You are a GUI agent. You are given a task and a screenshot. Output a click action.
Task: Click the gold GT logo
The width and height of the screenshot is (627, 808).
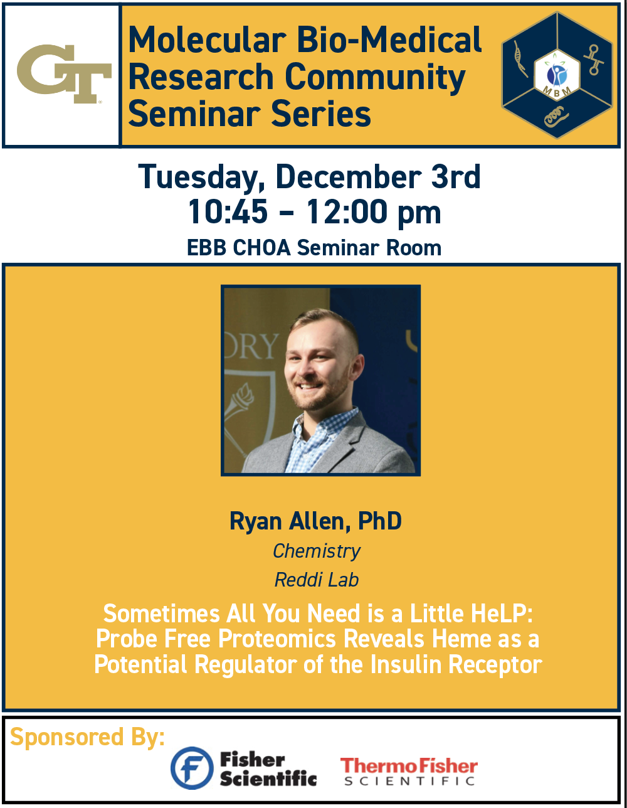point(64,73)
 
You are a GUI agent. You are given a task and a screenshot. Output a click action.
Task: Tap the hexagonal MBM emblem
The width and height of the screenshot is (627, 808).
point(557,75)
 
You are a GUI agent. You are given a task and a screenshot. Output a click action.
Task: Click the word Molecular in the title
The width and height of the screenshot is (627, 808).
point(208,40)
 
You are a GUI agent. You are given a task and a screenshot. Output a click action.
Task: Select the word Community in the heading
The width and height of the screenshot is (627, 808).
point(376,78)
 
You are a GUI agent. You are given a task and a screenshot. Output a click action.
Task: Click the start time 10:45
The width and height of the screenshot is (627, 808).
point(228,211)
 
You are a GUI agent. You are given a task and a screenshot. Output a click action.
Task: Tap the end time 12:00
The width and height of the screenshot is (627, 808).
point(346,211)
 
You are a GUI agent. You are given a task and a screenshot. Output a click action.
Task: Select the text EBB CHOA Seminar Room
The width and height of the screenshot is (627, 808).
point(314,248)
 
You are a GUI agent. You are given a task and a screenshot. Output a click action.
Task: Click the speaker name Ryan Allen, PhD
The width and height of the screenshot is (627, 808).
point(315,521)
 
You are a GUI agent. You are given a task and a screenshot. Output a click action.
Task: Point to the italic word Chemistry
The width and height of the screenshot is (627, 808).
point(317,551)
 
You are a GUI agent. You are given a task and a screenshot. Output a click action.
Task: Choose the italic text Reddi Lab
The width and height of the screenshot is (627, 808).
point(317,580)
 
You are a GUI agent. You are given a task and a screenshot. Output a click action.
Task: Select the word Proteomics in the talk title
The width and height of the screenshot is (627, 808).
point(277,639)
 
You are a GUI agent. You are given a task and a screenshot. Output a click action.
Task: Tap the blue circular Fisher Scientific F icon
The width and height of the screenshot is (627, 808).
point(192,768)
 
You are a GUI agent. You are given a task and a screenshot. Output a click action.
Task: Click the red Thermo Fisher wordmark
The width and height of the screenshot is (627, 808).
point(409,766)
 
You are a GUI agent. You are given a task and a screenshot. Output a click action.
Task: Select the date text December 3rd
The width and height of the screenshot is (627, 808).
point(378,177)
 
